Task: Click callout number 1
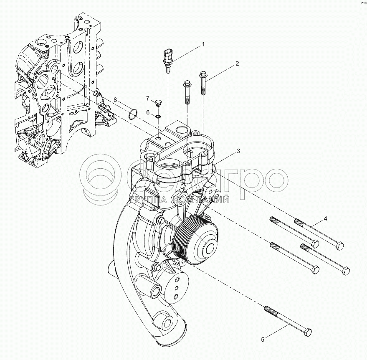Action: tap(203, 44)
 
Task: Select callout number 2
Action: tap(237, 64)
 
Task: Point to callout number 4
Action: tap(326, 219)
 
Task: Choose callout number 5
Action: tap(263, 340)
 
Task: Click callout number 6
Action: tap(147, 112)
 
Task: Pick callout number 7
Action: tap(147, 98)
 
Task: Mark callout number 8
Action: tap(115, 100)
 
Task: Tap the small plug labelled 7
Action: tap(158, 102)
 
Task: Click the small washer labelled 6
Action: tap(158, 116)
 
